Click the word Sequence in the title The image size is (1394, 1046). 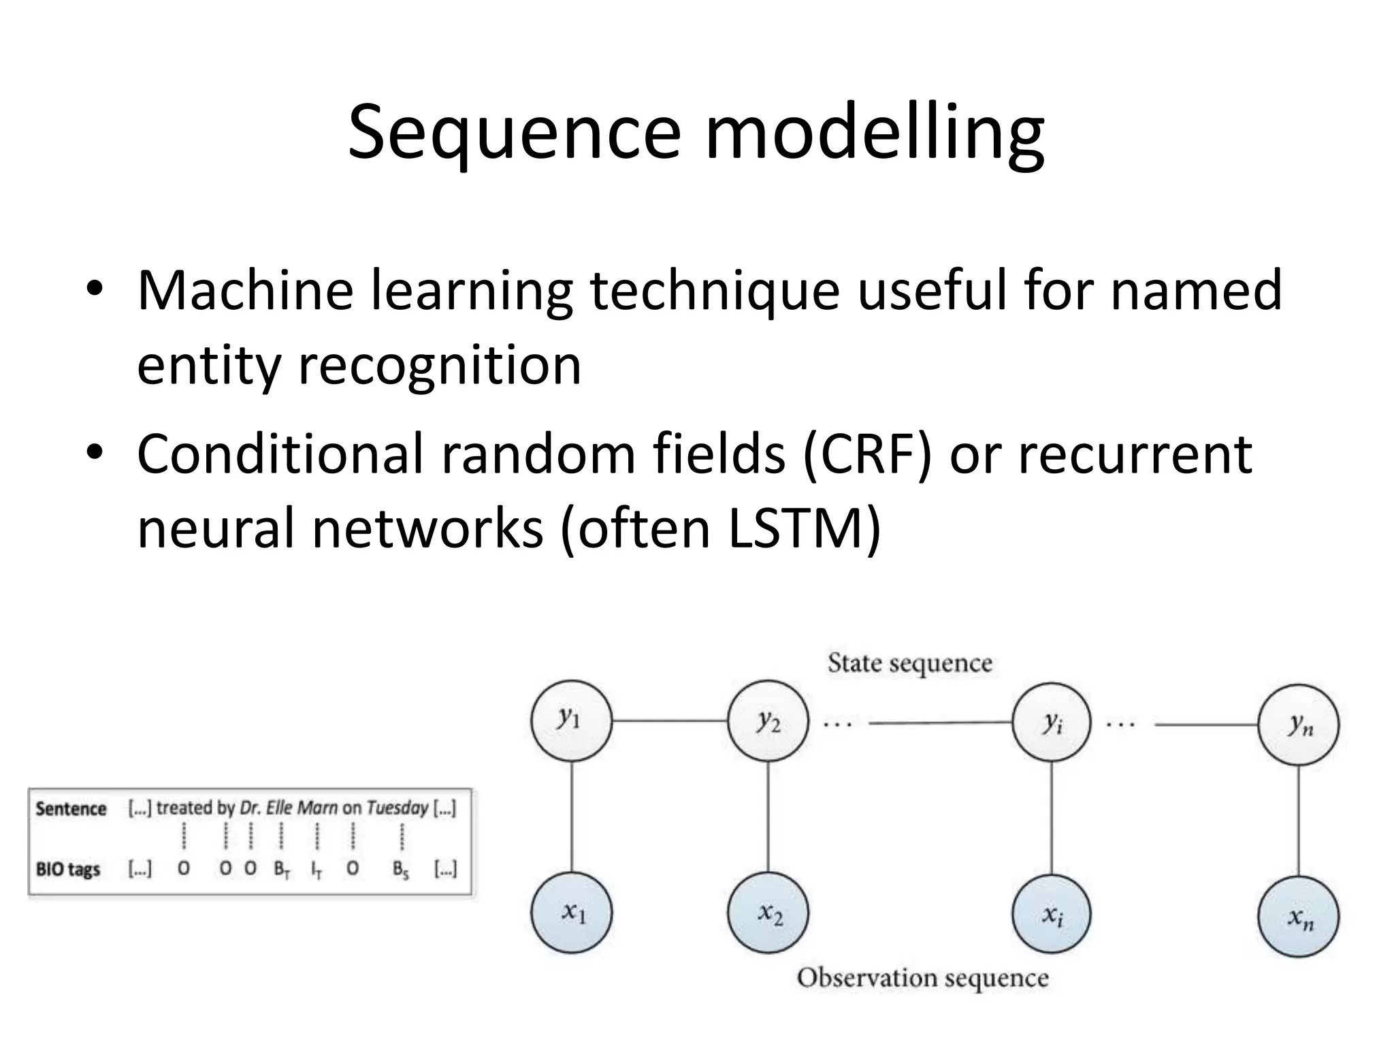[x=514, y=133]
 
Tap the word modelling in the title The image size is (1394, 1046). [x=874, y=133]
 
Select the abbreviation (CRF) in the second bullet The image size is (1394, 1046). [x=866, y=455]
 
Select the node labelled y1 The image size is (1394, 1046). [x=571, y=720]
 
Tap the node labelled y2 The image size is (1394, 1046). [x=768, y=720]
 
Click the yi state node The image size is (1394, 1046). [x=1052, y=723]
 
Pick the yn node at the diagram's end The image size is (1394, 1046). [x=1299, y=725]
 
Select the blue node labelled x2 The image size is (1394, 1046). [x=768, y=913]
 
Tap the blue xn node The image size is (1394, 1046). [x=1299, y=917]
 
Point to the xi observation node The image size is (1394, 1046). [x=1052, y=915]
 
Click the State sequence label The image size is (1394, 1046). [x=909, y=663]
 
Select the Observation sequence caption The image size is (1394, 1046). [x=922, y=978]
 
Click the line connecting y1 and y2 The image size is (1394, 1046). [x=670, y=720]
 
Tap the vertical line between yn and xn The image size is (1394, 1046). [x=1299, y=821]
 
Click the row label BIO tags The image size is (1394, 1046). [x=68, y=870]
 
